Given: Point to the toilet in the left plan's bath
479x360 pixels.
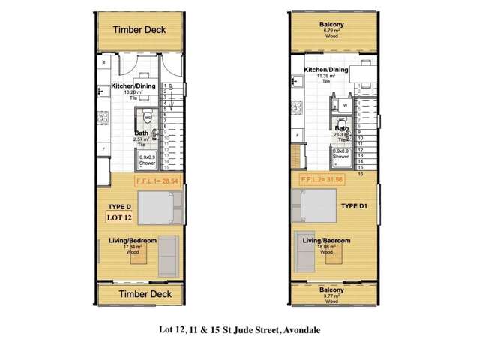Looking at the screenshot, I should point(148,116).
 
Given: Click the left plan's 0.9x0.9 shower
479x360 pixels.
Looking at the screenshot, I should point(145,158).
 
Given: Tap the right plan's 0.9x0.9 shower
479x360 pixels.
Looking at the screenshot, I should point(341,157).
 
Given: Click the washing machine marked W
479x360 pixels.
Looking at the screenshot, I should point(344,106).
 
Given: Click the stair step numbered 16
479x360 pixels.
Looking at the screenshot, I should point(361,173).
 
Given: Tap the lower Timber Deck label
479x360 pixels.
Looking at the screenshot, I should point(139,294).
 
